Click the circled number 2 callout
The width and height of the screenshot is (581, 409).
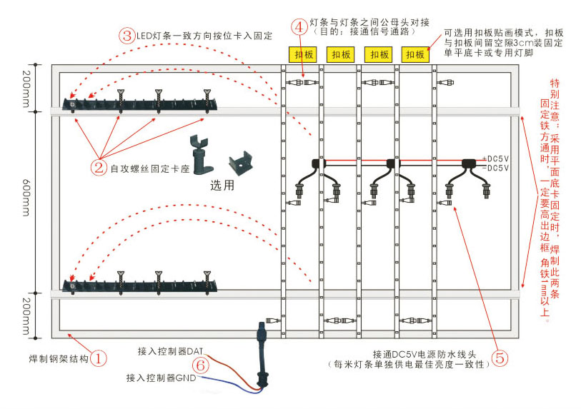pyautogui.click(x=99, y=168)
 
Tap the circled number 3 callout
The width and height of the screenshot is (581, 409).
pyautogui.click(x=127, y=36)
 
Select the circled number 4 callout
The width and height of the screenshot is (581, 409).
pyautogui.click(x=299, y=26)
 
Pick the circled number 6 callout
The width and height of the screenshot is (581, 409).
pyautogui.click(x=202, y=365)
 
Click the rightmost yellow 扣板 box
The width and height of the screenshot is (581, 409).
pyautogui.click(x=415, y=54)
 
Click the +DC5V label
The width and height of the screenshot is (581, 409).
pyautogui.click(x=495, y=158)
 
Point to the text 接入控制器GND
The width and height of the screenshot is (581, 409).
pyautogui.click(x=161, y=377)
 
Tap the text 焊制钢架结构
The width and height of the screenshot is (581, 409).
pyautogui.click(x=54, y=358)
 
